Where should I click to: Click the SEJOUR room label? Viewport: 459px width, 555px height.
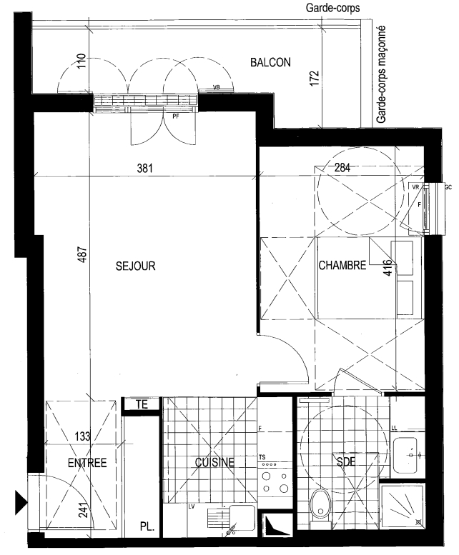click(x=135, y=266)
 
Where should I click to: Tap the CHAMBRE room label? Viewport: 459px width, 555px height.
click(x=342, y=265)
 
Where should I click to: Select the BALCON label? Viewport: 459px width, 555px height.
click(x=270, y=62)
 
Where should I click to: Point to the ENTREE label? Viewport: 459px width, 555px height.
click(x=87, y=463)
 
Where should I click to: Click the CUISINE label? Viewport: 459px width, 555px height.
click(x=214, y=463)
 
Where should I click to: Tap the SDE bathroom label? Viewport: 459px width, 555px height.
click(x=346, y=463)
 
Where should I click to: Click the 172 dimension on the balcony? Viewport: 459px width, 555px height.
click(x=313, y=78)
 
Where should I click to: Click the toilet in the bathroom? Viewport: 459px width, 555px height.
click(x=322, y=504)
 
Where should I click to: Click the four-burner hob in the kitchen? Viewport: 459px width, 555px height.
click(x=275, y=481)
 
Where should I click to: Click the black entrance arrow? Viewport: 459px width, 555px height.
click(x=21, y=502)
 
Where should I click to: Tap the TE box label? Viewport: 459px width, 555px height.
click(x=142, y=405)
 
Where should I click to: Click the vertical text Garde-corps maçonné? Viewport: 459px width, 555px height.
click(x=381, y=74)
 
